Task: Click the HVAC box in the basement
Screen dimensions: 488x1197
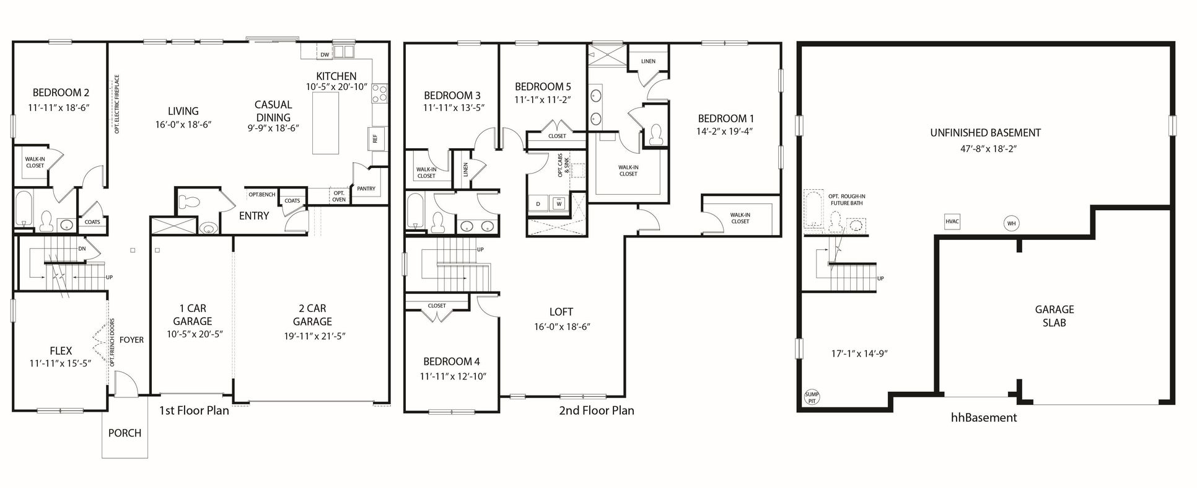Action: coord(952,221)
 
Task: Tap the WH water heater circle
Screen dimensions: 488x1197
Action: coord(1011,223)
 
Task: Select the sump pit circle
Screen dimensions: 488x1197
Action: coord(811,397)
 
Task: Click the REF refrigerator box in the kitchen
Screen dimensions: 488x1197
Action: coord(375,138)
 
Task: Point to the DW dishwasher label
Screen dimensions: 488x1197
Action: coord(325,55)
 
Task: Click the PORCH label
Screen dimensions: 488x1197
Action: coord(125,433)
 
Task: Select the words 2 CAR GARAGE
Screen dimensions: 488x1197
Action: coord(312,315)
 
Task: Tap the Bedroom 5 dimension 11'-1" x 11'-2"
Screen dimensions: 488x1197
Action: coord(543,99)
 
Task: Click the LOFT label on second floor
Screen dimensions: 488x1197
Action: coord(561,312)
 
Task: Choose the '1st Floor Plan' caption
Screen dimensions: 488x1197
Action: coord(194,410)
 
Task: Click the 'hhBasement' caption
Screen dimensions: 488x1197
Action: coord(983,417)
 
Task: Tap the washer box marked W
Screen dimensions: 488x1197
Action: coord(559,203)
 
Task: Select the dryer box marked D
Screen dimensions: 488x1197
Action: coord(538,203)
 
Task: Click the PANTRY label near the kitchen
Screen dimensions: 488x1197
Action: coord(366,189)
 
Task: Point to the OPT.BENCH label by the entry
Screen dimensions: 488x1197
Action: coord(261,195)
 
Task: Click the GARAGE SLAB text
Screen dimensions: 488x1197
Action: coord(1054,316)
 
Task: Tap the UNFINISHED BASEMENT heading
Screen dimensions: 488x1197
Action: coord(985,132)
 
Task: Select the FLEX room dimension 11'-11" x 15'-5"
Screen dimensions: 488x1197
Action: coord(60,363)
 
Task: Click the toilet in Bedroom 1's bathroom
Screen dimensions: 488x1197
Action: coord(655,134)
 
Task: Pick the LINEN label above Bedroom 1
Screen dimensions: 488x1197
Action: coord(648,61)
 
